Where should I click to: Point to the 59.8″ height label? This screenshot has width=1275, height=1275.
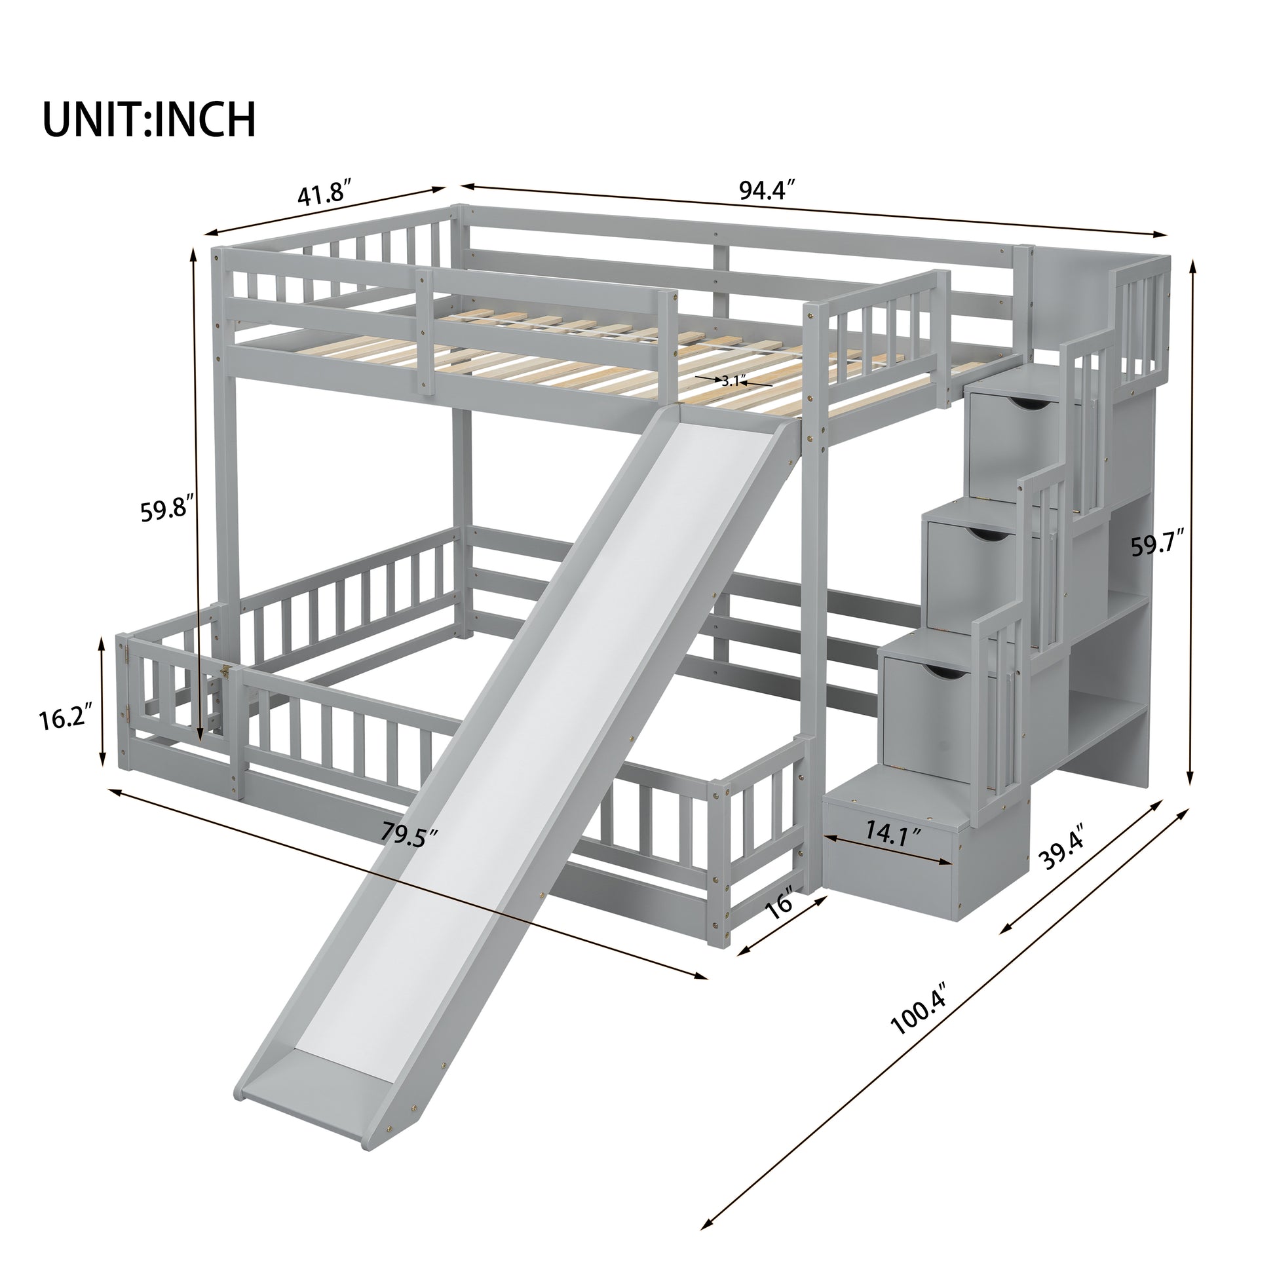(167, 510)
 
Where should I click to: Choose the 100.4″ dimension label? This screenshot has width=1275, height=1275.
(919, 1026)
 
